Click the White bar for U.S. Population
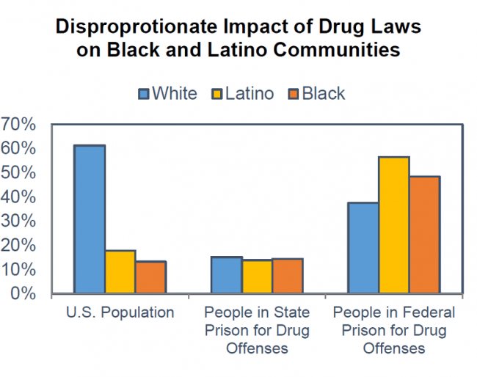click(90, 220)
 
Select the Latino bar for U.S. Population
click(120, 272)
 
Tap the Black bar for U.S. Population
click(150, 277)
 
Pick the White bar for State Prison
click(226, 275)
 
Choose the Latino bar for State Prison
click(257, 277)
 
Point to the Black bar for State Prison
click(287, 276)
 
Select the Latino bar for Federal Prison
click(393, 225)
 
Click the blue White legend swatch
click(144, 94)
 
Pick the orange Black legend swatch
click(293, 94)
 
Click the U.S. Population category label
click(120, 312)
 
